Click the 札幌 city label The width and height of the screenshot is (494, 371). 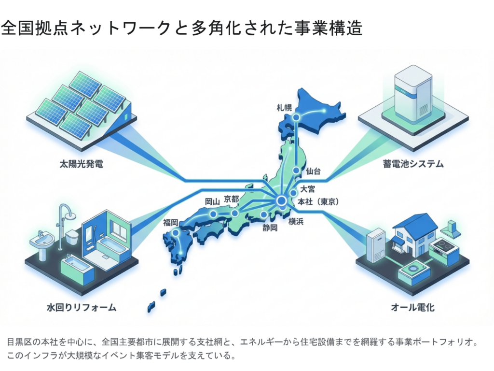[284, 107]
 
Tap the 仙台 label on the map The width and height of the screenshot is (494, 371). [313, 171]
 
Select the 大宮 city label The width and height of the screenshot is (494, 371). [307, 188]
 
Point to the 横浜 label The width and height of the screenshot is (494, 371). [296, 222]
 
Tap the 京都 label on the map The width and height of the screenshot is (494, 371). [232, 200]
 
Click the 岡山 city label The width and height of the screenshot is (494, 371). [212, 201]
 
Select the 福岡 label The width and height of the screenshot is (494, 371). [171, 222]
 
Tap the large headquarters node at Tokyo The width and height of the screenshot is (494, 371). [281, 200]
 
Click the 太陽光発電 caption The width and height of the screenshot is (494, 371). [81, 164]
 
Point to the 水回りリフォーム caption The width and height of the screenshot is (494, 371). [81, 307]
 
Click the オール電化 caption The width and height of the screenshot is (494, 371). [413, 307]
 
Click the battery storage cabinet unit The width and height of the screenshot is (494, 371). [413, 95]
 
